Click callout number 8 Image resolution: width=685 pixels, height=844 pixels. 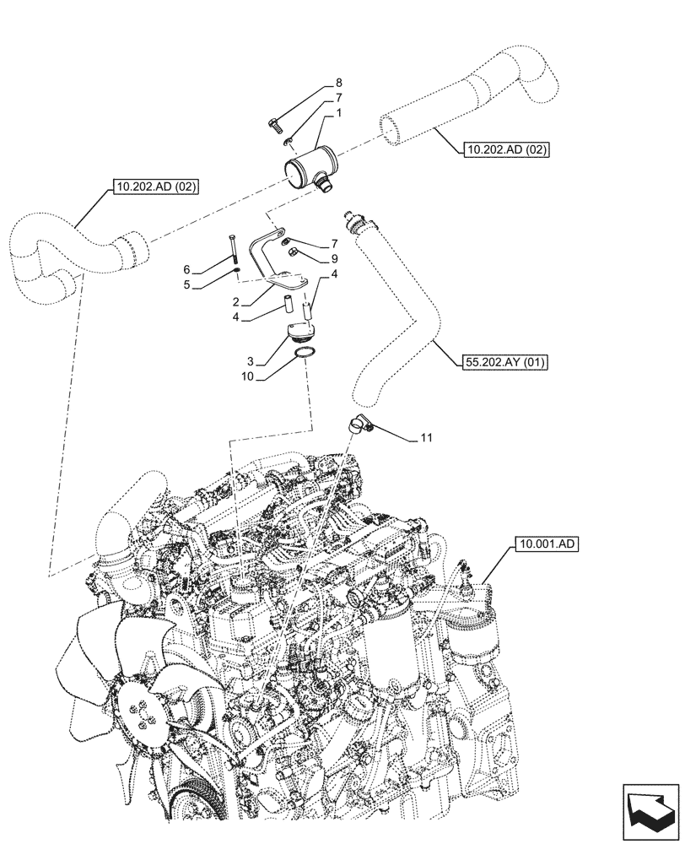(339, 83)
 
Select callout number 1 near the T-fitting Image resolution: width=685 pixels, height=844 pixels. (339, 113)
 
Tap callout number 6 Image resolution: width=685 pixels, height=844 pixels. (188, 269)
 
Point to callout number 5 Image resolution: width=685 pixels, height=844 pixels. (188, 284)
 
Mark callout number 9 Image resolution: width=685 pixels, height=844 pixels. (334, 258)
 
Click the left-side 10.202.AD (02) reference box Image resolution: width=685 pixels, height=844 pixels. (153, 187)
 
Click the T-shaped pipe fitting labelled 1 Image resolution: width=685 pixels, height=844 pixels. (308, 167)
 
